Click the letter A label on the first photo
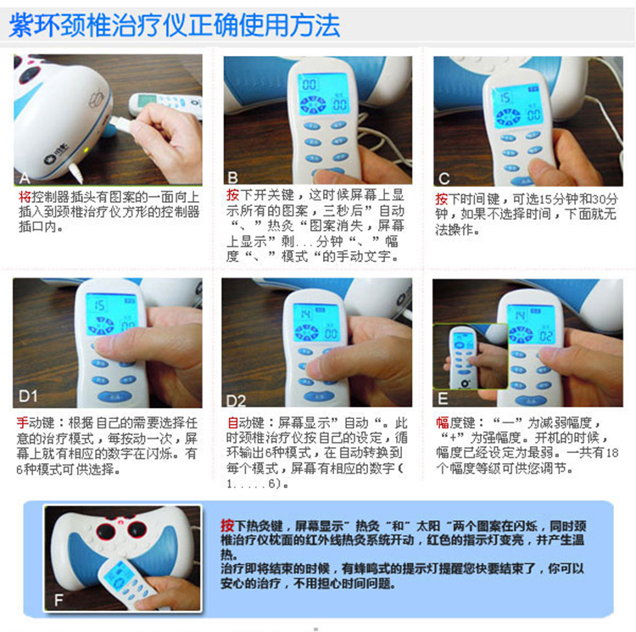coord(23,177)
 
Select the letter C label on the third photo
coord(444,177)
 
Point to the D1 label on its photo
coord(29,395)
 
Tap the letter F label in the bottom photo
coord(58,600)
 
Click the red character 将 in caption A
coord(24,197)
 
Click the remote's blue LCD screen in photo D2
coord(315,319)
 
